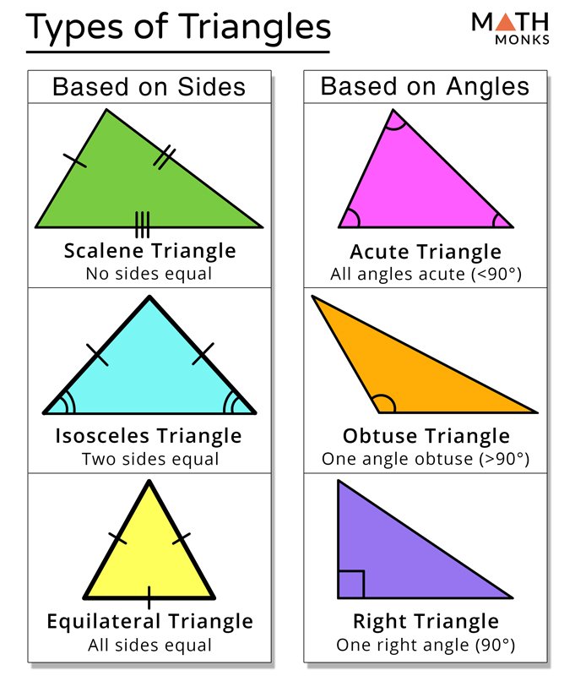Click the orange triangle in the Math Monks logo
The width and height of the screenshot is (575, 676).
point(506,23)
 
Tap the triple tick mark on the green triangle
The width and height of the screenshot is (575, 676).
point(143,225)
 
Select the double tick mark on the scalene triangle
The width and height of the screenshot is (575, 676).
point(165,157)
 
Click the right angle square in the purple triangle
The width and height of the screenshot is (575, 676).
point(351,585)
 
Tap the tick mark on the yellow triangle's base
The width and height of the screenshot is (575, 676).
point(149,597)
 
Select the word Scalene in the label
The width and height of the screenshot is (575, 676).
point(104,250)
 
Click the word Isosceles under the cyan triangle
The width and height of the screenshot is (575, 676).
point(102,435)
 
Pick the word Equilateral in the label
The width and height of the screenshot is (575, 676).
point(104,621)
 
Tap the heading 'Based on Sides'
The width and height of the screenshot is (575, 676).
point(149,87)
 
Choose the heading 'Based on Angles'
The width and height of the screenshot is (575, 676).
point(425,86)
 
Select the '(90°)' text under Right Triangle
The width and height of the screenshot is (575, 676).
point(496,645)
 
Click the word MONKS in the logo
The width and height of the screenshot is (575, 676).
point(522,40)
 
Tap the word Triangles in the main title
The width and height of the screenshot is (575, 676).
point(254,28)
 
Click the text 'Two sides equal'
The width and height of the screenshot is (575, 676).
point(150,459)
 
